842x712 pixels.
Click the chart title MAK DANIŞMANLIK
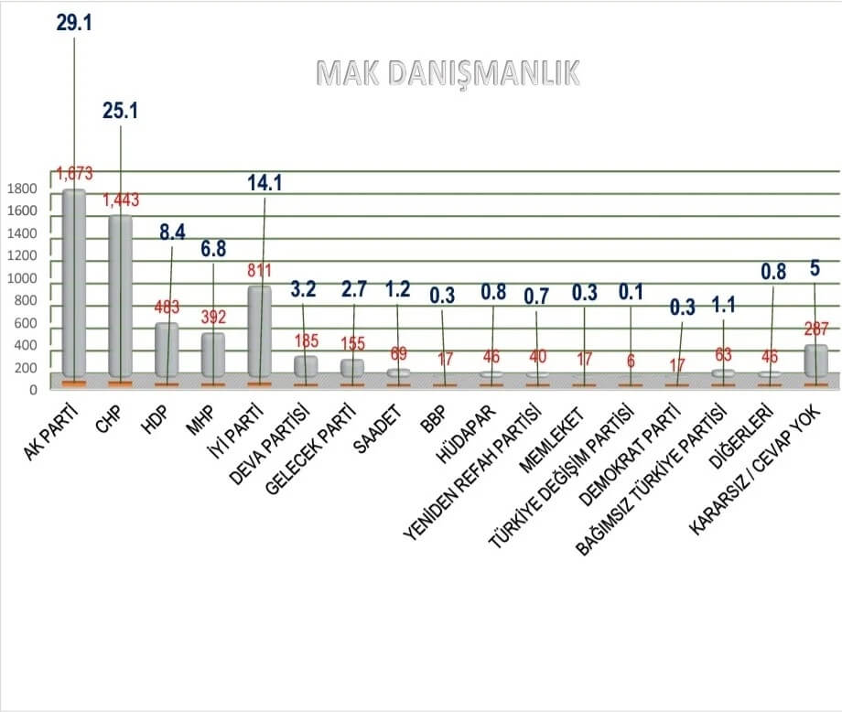click(448, 74)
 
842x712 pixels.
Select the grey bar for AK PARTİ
click(74, 284)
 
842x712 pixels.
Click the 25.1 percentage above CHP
click(120, 111)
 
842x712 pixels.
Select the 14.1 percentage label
click(264, 182)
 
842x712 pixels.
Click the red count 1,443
click(121, 200)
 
